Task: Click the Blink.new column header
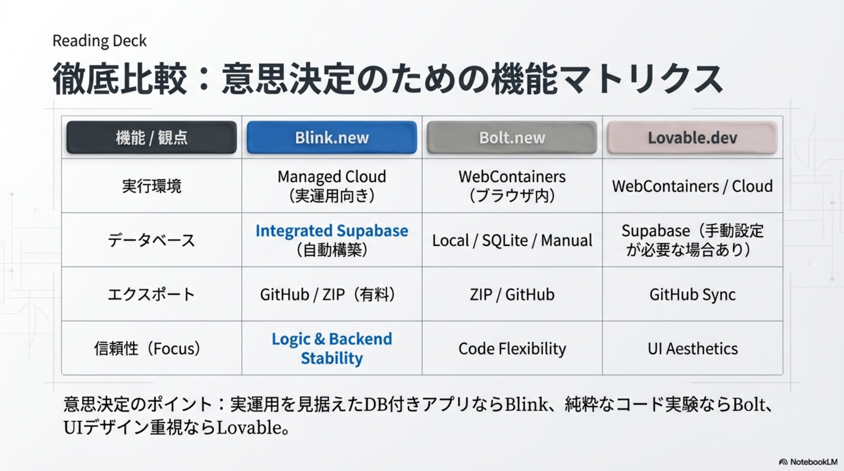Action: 332,138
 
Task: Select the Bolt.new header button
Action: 512,138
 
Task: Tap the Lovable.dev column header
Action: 692,138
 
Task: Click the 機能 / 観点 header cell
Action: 152,138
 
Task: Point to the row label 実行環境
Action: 152,186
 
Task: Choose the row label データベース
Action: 152,240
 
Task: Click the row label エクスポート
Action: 152,294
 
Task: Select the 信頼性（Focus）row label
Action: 148,348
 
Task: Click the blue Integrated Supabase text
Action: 332,231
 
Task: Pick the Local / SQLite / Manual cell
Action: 512,240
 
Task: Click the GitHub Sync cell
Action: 692,294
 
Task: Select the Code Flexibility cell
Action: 512,348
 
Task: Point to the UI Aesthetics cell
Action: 692,348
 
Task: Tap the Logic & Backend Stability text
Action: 332,348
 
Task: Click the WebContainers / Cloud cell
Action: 692,186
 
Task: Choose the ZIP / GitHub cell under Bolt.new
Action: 512,294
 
